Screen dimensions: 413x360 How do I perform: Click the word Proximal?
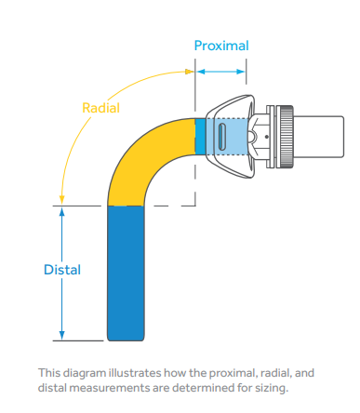coord(220,45)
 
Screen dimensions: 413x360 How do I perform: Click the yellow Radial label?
coord(101,107)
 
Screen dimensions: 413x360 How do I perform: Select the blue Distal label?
coord(62,270)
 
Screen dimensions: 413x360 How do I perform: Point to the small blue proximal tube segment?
coord(200,136)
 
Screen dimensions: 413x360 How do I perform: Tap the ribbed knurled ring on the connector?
coord(287,135)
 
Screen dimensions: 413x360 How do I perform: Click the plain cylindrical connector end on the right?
coord(321,135)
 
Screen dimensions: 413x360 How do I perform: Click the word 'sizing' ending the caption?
coord(270,386)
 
